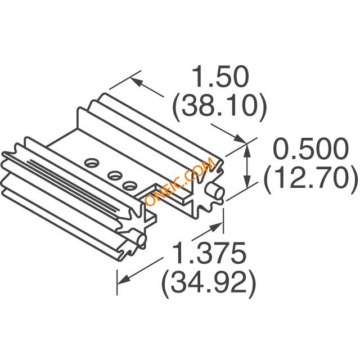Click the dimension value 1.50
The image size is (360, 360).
click(x=220, y=77)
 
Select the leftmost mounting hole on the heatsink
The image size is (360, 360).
click(x=91, y=163)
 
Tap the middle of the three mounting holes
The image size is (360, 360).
click(x=114, y=175)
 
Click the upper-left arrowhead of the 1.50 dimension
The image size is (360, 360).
click(x=134, y=82)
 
